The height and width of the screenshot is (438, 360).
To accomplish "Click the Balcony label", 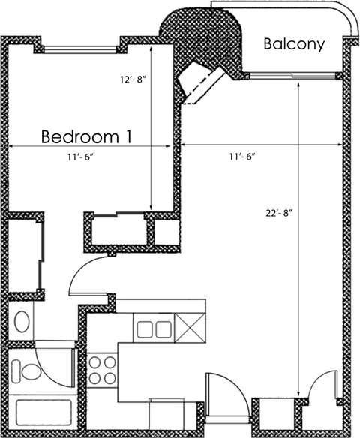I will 295,44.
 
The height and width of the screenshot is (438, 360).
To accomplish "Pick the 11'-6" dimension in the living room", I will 242,157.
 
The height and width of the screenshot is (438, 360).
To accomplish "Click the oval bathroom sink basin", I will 22,322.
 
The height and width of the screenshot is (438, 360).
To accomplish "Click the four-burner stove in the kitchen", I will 103,367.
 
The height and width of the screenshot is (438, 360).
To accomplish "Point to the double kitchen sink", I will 153,327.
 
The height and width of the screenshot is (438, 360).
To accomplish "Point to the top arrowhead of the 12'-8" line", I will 152,46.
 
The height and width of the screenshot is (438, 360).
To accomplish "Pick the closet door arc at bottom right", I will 324,382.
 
